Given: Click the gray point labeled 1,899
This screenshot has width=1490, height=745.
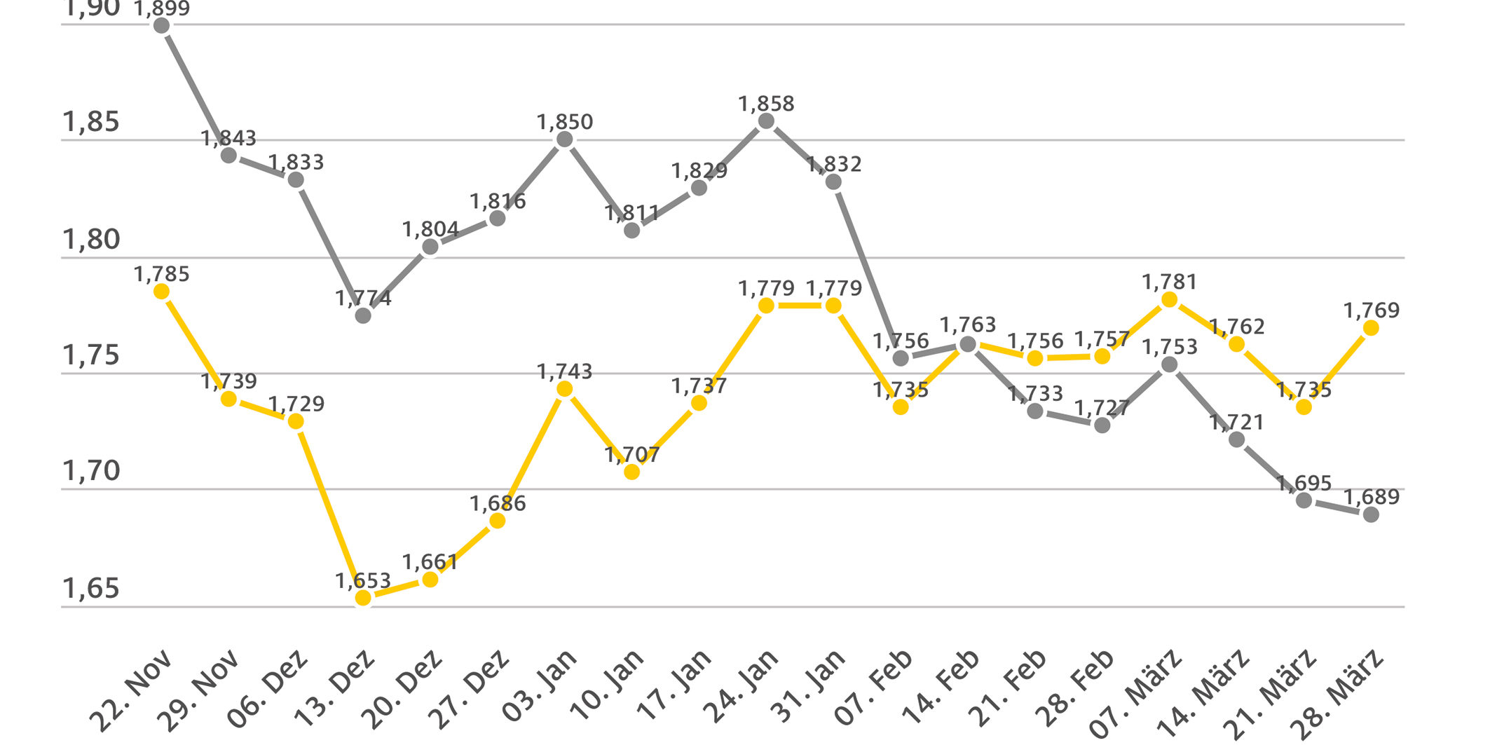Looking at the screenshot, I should coord(161,26).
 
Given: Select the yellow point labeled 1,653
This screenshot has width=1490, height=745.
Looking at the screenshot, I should coord(363,597).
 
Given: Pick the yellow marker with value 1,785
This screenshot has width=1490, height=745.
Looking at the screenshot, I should coord(161,292).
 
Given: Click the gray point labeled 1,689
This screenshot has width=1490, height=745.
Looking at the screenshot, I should coord(1371,514).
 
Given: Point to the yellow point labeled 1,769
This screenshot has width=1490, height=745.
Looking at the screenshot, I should coord(1371,328).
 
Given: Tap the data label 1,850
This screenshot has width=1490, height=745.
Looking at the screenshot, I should coord(565,122).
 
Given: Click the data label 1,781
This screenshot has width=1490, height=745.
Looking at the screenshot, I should coord(1170,282).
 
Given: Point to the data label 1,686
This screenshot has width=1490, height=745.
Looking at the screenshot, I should coord(498,503).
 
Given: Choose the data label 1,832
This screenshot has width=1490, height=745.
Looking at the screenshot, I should coord(833,164).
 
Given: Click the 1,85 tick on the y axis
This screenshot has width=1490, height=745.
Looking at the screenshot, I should coord(91,123).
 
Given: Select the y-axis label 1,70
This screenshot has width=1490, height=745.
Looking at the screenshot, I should coord(91,472).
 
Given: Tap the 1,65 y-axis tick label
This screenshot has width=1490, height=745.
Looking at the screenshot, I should coord(91,589).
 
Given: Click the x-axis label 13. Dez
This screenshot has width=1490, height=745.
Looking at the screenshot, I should coord(335,690).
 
